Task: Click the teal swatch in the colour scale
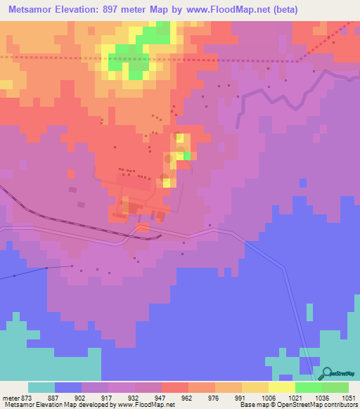coord(41,387)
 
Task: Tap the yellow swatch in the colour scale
coord(281,387)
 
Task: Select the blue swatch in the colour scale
coord(68,387)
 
